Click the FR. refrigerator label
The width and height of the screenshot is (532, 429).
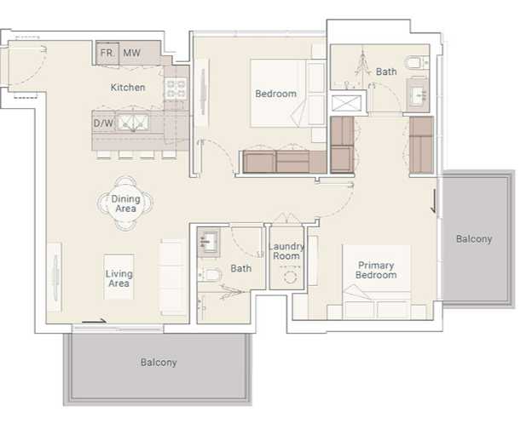[107, 54]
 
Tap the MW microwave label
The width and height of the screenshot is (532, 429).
[131, 53]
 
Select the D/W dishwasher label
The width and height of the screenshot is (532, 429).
[103, 123]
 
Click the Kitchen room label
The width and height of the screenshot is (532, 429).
[128, 88]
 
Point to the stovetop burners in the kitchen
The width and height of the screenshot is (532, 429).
[176, 89]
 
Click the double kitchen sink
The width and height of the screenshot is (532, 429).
[133, 123]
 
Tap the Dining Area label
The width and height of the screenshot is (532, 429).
[125, 203]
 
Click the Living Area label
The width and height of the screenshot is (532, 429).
[119, 278]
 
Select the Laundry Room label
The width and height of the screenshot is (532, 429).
[286, 251]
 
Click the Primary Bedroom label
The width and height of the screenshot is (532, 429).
[376, 270]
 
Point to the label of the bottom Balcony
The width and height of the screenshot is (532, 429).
[159, 363]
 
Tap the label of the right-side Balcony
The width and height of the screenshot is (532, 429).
[474, 239]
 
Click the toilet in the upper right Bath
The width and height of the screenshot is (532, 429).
[417, 63]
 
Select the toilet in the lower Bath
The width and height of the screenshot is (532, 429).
[210, 274]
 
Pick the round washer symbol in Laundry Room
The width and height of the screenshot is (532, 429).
[290, 277]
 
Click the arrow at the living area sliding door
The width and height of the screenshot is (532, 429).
[95, 321]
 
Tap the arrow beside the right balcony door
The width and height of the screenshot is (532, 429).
[434, 201]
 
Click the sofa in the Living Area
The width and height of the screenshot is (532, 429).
[173, 277]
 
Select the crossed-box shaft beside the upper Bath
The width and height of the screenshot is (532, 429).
[346, 103]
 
